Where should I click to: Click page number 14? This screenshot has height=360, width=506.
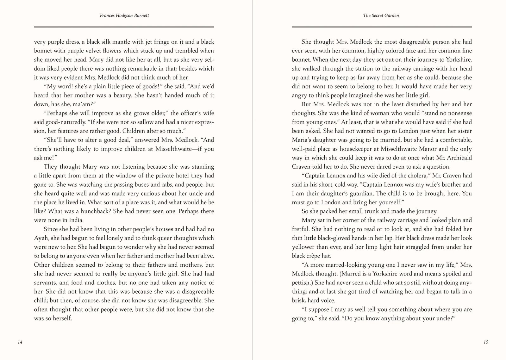click(20, 342)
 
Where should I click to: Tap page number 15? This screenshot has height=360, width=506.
click(486, 342)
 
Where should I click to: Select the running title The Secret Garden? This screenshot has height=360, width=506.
click(381, 16)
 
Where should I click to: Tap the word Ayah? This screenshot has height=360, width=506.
click(41, 238)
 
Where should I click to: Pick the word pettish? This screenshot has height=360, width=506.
click(302, 283)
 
